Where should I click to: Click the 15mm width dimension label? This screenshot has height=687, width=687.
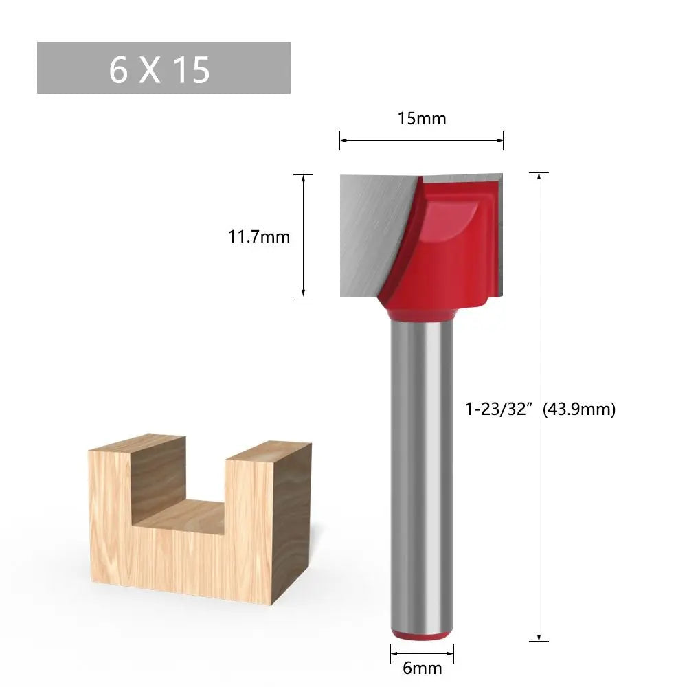tap(422, 119)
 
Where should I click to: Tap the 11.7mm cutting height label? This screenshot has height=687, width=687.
tap(259, 237)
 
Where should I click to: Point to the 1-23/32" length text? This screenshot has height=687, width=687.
tap(499, 409)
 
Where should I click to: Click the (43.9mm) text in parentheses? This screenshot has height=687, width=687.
tap(579, 409)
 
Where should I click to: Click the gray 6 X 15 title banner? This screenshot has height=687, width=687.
tap(164, 68)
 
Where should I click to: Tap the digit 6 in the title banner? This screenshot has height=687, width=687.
tap(118, 69)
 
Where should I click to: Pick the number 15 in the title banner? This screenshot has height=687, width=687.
tap(191, 69)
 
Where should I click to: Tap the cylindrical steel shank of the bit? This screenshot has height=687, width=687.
tap(422, 467)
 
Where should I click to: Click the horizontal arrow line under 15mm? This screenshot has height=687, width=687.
tap(422, 141)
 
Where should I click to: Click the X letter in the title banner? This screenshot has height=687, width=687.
tap(150, 69)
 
